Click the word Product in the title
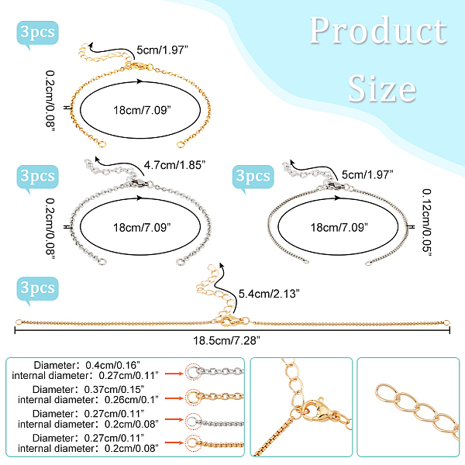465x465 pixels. point(378,32)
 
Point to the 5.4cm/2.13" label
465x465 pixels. point(264,294)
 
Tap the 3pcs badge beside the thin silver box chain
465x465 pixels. point(253,177)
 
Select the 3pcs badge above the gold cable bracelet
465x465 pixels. point(36,34)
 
